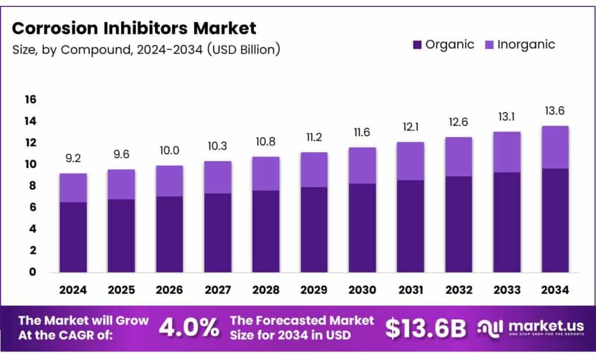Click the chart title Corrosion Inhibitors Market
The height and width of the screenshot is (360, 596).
click(x=134, y=27)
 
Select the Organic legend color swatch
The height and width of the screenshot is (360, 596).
click(x=417, y=45)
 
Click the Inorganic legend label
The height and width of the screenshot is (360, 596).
click(x=526, y=45)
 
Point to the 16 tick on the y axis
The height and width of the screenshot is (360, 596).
click(x=30, y=99)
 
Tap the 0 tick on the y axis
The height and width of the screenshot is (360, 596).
click(x=33, y=272)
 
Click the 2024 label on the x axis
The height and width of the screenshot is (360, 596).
click(x=73, y=290)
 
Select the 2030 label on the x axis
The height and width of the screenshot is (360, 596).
click(x=361, y=290)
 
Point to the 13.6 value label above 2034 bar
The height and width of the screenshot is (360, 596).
click(x=554, y=111)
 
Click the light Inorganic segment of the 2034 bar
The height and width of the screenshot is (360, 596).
click(x=554, y=147)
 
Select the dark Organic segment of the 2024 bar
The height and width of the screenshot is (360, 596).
click(x=73, y=237)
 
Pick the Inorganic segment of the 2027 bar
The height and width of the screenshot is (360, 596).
click(x=218, y=177)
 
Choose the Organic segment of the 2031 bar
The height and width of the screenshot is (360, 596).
click(x=410, y=226)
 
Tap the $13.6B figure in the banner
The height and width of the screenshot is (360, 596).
click(x=425, y=329)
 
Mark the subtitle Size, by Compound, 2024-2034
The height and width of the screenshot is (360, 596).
click(x=146, y=49)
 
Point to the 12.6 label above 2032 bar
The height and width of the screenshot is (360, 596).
click(x=458, y=122)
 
